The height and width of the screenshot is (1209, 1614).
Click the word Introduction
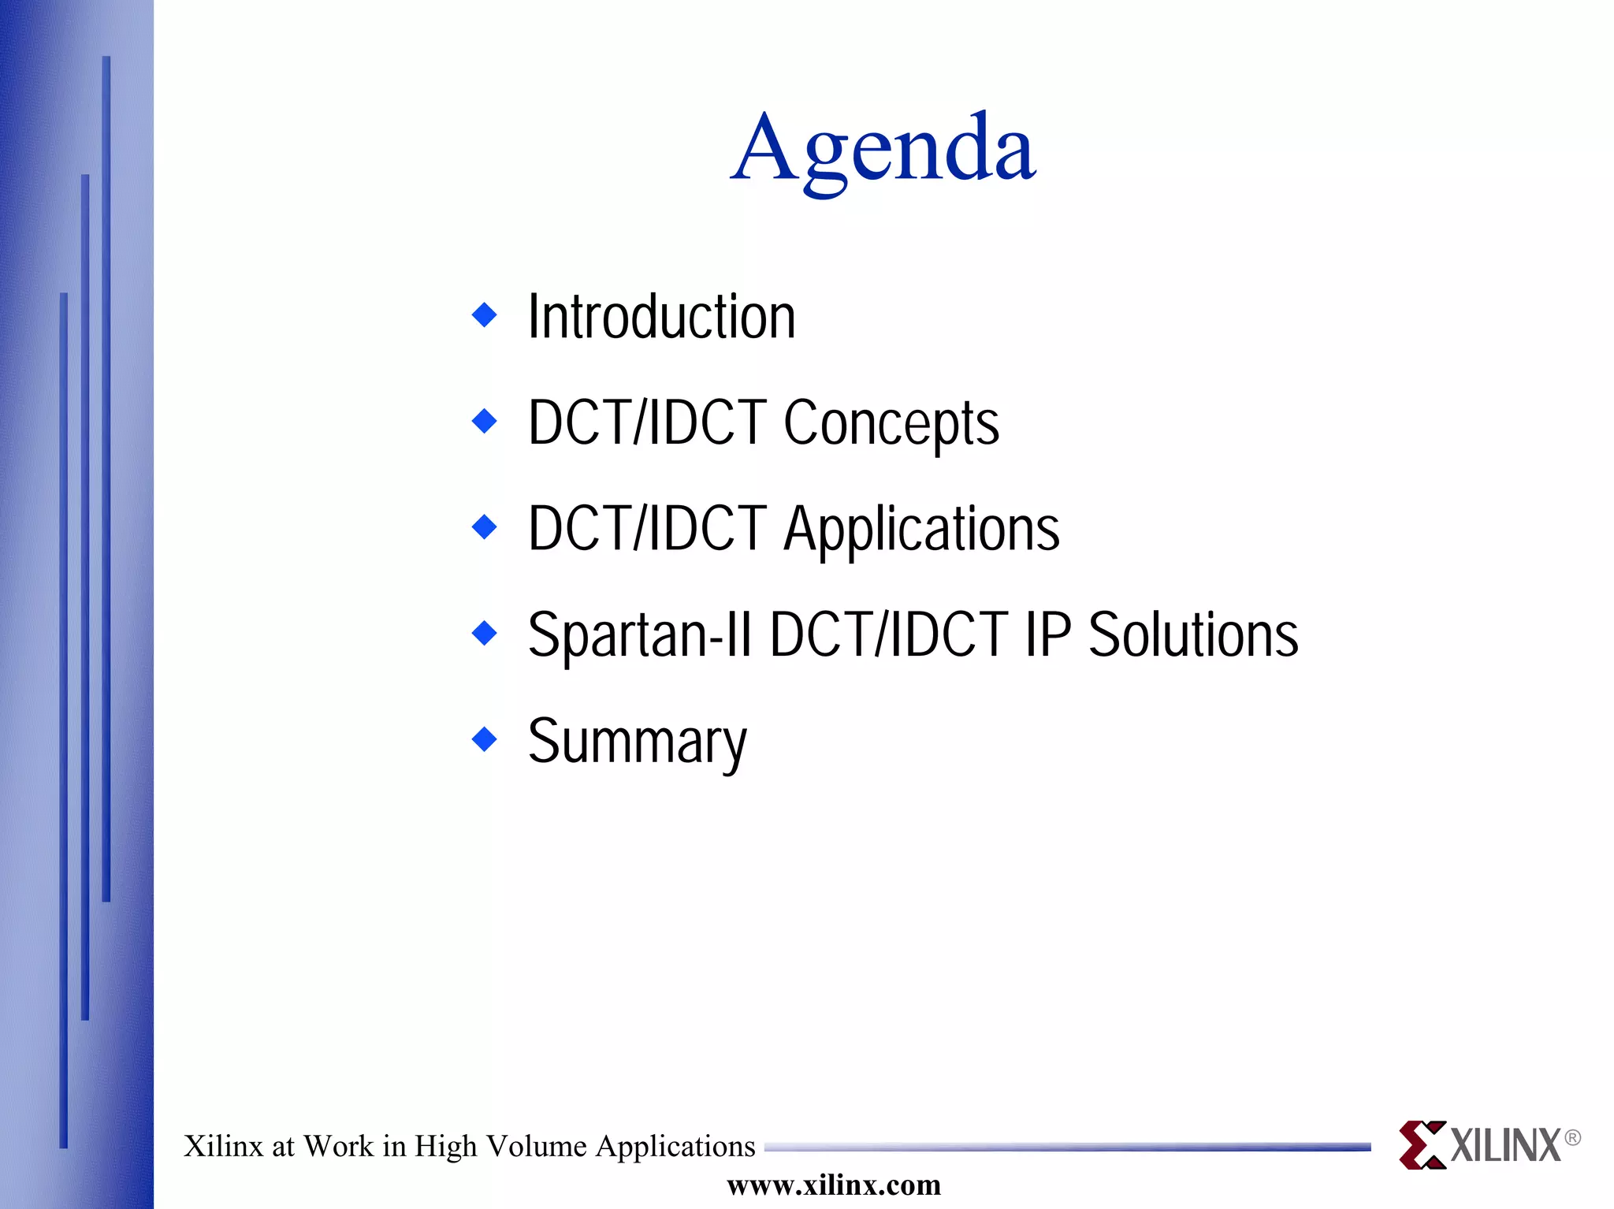[x=661, y=317]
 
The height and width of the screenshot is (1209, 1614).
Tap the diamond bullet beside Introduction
[x=484, y=315]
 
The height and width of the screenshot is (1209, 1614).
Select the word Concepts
[x=891, y=423]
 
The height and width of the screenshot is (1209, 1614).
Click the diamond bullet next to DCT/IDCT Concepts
[x=484, y=421]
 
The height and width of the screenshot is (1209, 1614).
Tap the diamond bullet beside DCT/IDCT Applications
[x=484, y=526]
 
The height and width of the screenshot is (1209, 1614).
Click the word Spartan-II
[x=639, y=635]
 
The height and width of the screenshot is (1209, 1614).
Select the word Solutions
[x=1192, y=635]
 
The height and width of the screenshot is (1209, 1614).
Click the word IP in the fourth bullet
[x=1048, y=635]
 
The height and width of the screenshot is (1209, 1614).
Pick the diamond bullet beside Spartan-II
[x=484, y=633]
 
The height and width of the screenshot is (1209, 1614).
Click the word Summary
[x=637, y=742]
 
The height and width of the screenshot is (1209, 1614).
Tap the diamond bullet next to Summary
[x=484, y=739]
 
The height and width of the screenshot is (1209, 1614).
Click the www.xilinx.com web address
[x=833, y=1185]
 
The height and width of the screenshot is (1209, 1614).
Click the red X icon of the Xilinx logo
[x=1422, y=1144]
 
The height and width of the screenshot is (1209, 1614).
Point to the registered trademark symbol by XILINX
[x=1571, y=1137]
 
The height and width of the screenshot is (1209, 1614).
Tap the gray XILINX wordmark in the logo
[x=1505, y=1146]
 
